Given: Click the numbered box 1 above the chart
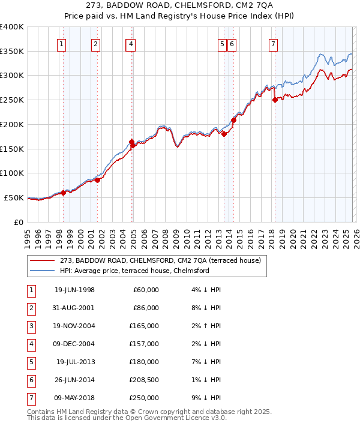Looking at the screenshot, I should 62,43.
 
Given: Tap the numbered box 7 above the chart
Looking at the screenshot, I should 273,43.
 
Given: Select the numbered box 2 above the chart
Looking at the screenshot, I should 96,43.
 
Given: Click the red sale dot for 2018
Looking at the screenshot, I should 275,100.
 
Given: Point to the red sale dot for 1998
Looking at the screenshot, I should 64,193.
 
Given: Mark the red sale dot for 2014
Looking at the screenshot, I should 233,120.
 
